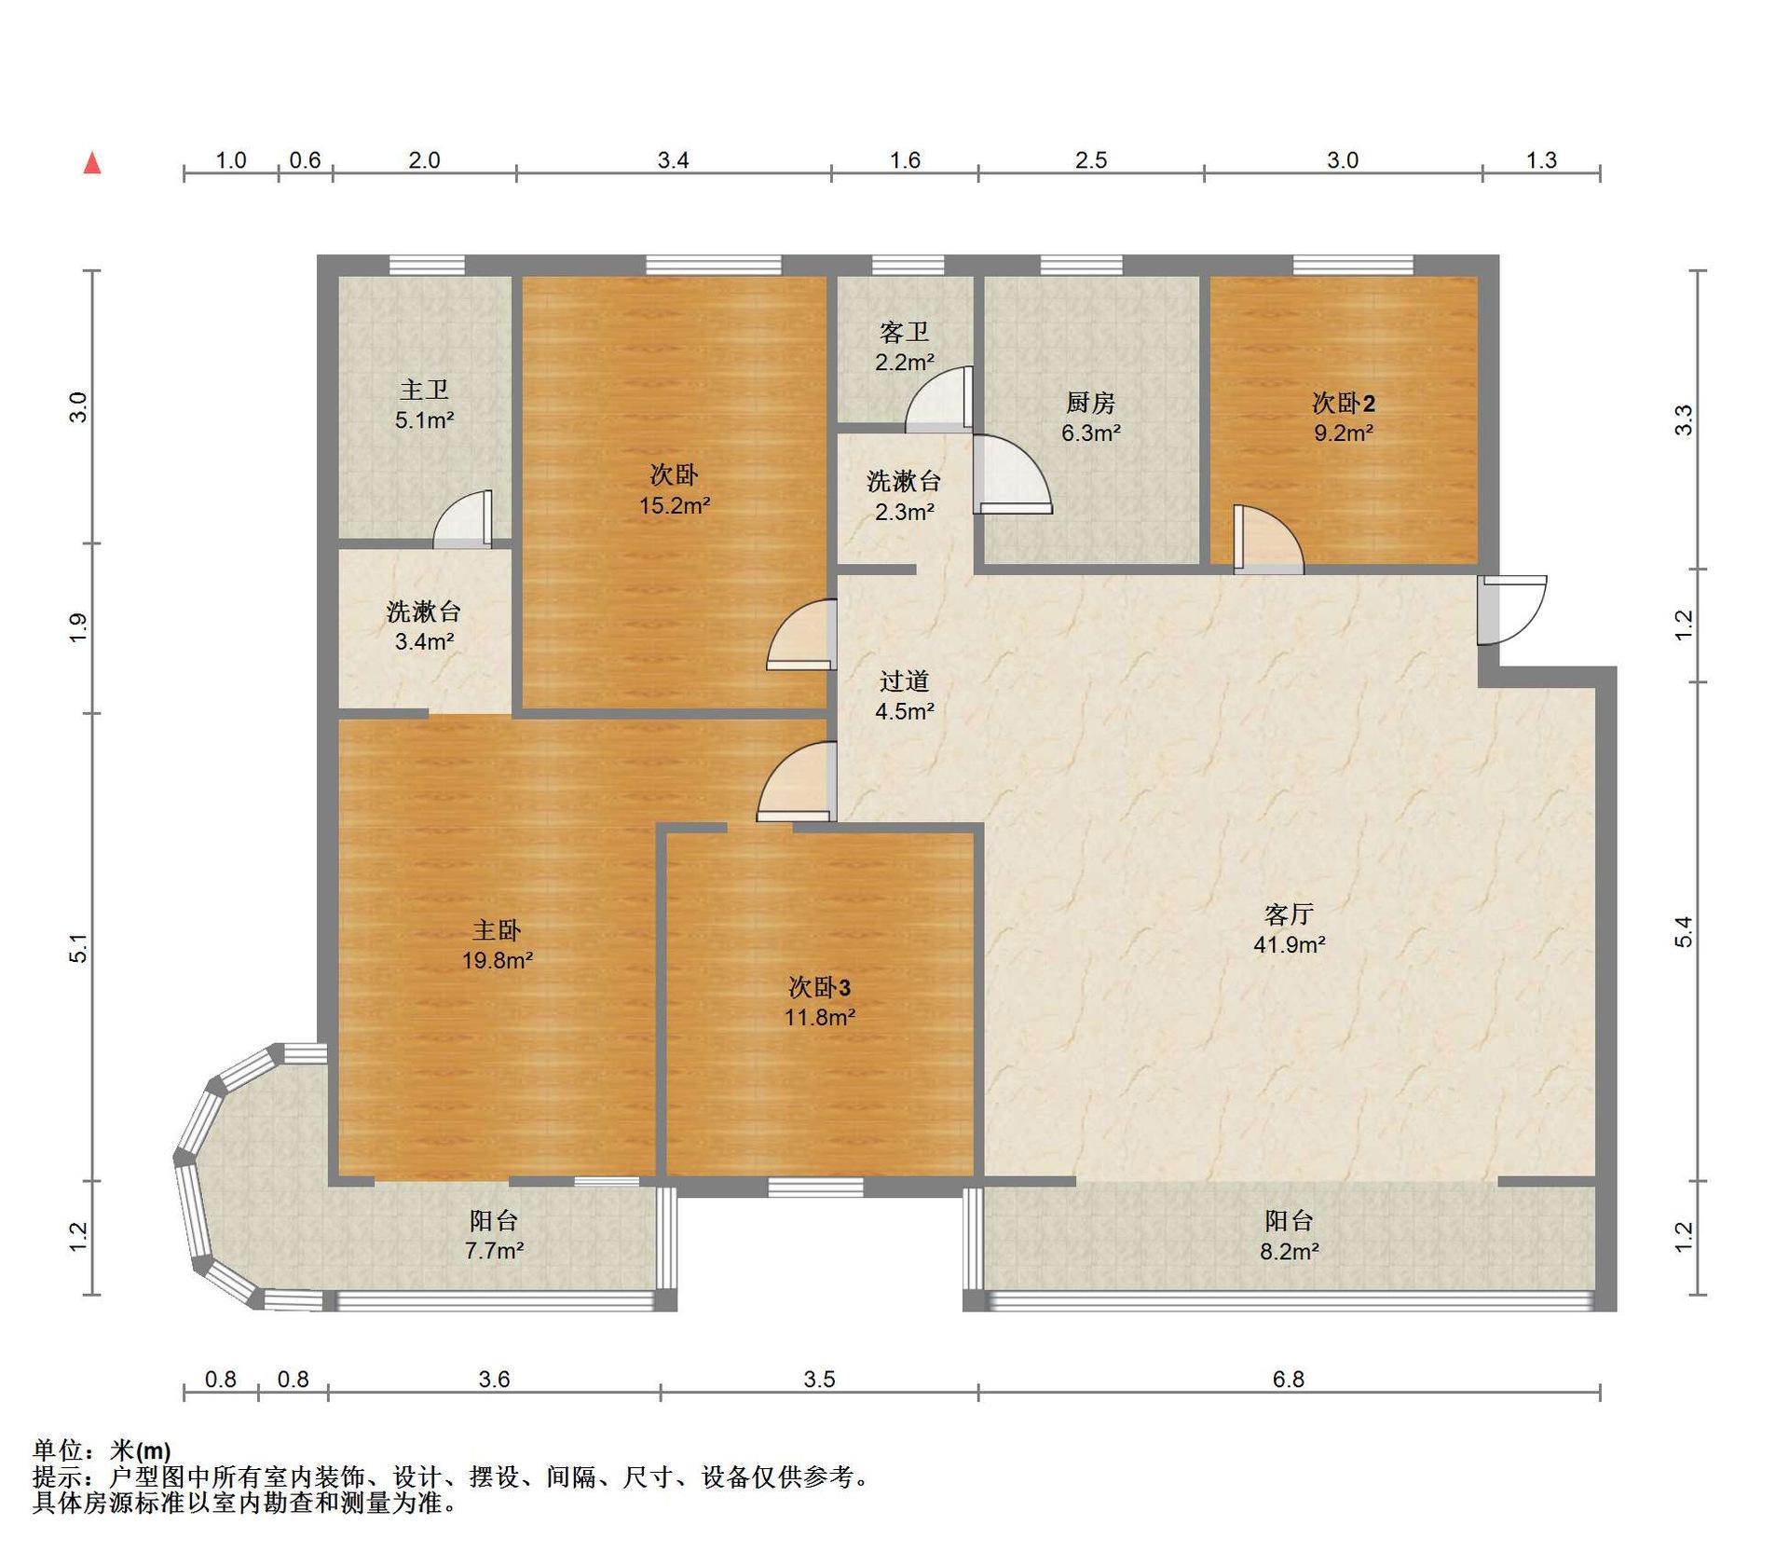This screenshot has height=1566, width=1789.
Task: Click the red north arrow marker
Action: pos(92,163)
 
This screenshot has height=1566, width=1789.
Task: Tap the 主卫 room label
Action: pos(424,390)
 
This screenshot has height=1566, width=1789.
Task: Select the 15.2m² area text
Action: pos(675,505)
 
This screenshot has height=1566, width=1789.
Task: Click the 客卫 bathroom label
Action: pos(905,332)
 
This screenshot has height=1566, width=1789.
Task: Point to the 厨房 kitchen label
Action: pos(1090,403)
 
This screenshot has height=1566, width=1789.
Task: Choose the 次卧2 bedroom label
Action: pos(1344,403)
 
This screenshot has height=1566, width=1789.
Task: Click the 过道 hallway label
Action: pos(905,681)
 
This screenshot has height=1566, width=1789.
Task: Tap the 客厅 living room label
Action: pos(1290,913)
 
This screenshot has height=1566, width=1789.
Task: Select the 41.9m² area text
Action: pos(1290,944)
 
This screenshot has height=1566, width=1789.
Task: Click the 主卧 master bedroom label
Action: pos(497,929)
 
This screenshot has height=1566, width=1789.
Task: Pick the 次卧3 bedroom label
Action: pos(820,987)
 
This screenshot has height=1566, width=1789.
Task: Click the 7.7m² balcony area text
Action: pos(494,1250)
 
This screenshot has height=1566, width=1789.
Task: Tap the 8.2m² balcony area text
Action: pos(1290,1251)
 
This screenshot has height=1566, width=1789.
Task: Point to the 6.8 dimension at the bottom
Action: pos(1289,1379)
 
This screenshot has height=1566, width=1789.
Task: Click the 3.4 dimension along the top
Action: pos(673,160)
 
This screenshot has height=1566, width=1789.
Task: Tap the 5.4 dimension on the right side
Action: pos(1683,931)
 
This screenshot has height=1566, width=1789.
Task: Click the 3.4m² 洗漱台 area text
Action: pos(424,641)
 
